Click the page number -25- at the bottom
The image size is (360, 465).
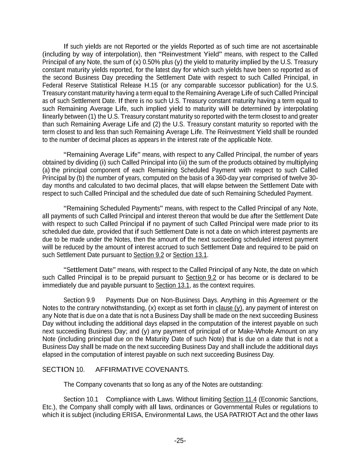point(180,441)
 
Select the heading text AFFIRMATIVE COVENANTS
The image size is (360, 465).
point(142,370)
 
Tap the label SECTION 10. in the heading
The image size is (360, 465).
point(63,370)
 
